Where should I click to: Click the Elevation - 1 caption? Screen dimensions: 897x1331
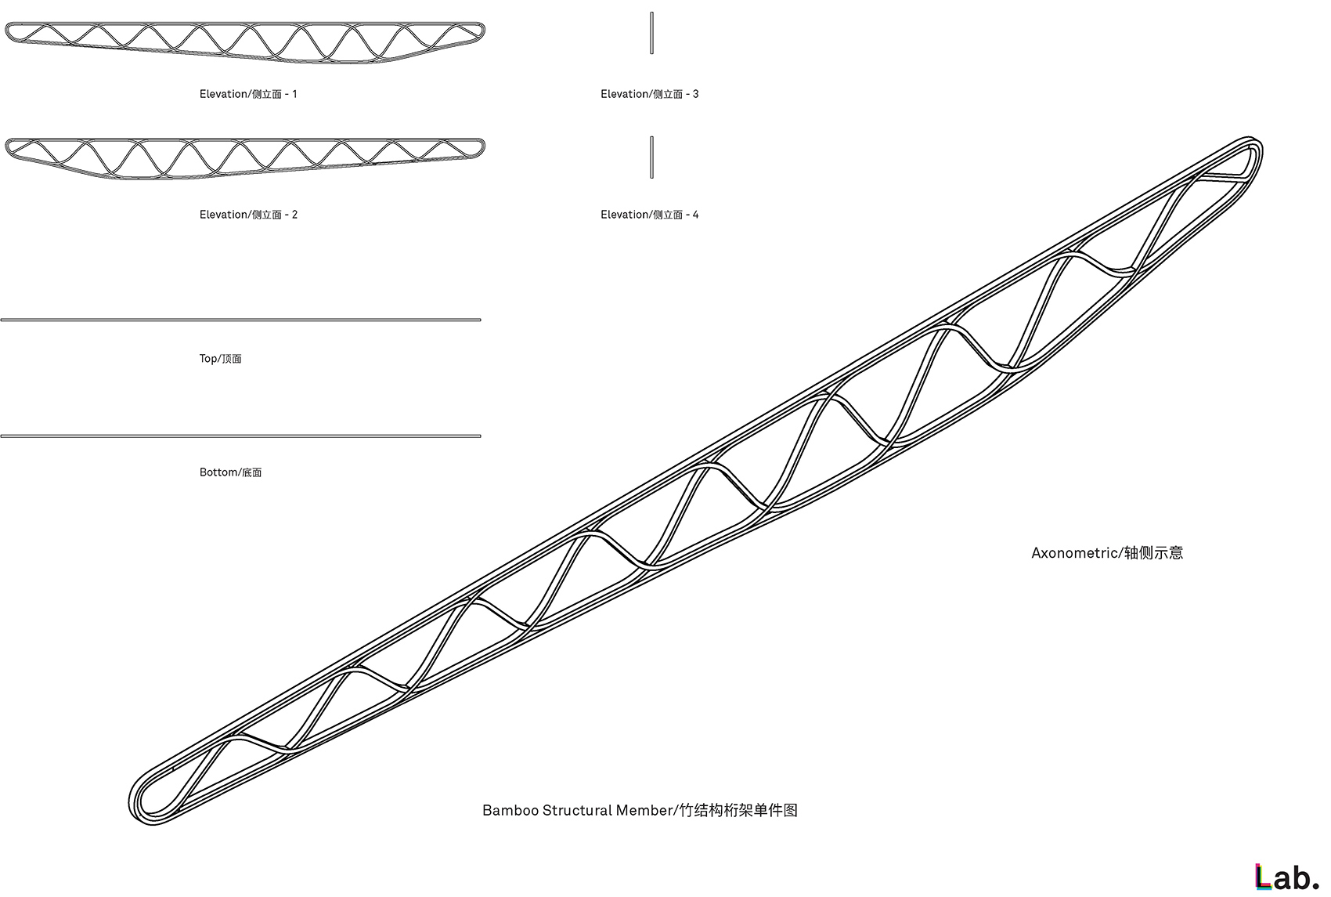(248, 94)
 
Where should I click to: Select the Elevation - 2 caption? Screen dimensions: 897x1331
(248, 215)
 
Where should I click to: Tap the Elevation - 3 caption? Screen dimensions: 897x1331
(649, 94)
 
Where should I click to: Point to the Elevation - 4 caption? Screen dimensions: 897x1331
(649, 215)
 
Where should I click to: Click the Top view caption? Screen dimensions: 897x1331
(220, 359)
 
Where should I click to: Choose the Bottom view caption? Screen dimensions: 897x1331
(230, 472)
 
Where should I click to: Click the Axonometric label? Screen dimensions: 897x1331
(1106, 553)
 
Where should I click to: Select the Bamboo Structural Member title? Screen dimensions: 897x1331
(640, 810)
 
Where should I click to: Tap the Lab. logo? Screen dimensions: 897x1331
(1286, 877)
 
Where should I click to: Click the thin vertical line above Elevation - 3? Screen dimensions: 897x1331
(651, 33)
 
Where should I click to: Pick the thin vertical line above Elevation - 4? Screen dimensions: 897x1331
(651, 157)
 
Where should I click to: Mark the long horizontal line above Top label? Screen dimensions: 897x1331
(240, 320)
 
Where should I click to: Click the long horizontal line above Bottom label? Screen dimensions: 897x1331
(240, 436)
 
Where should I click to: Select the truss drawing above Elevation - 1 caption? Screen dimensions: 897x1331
(245, 42)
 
